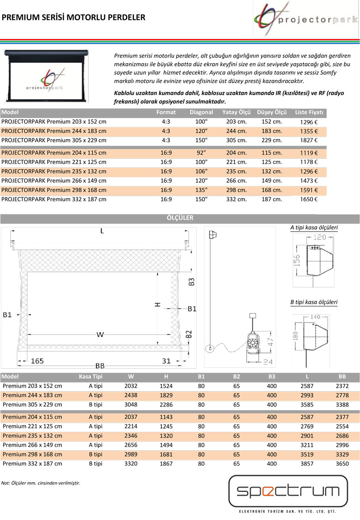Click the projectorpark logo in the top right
(x=306, y=19)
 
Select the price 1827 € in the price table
(x=307, y=140)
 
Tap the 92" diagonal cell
(x=201, y=153)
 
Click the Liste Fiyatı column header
(x=310, y=113)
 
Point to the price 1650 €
(x=307, y=199)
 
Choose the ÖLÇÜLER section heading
(x=180, y=218)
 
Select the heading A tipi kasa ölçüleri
(x=314, y=227)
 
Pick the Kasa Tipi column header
(x=90, y=377)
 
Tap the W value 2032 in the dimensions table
(x=131, y=386)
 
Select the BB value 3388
(x=342, y=405)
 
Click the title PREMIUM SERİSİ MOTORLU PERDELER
(x=74, y=18)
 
